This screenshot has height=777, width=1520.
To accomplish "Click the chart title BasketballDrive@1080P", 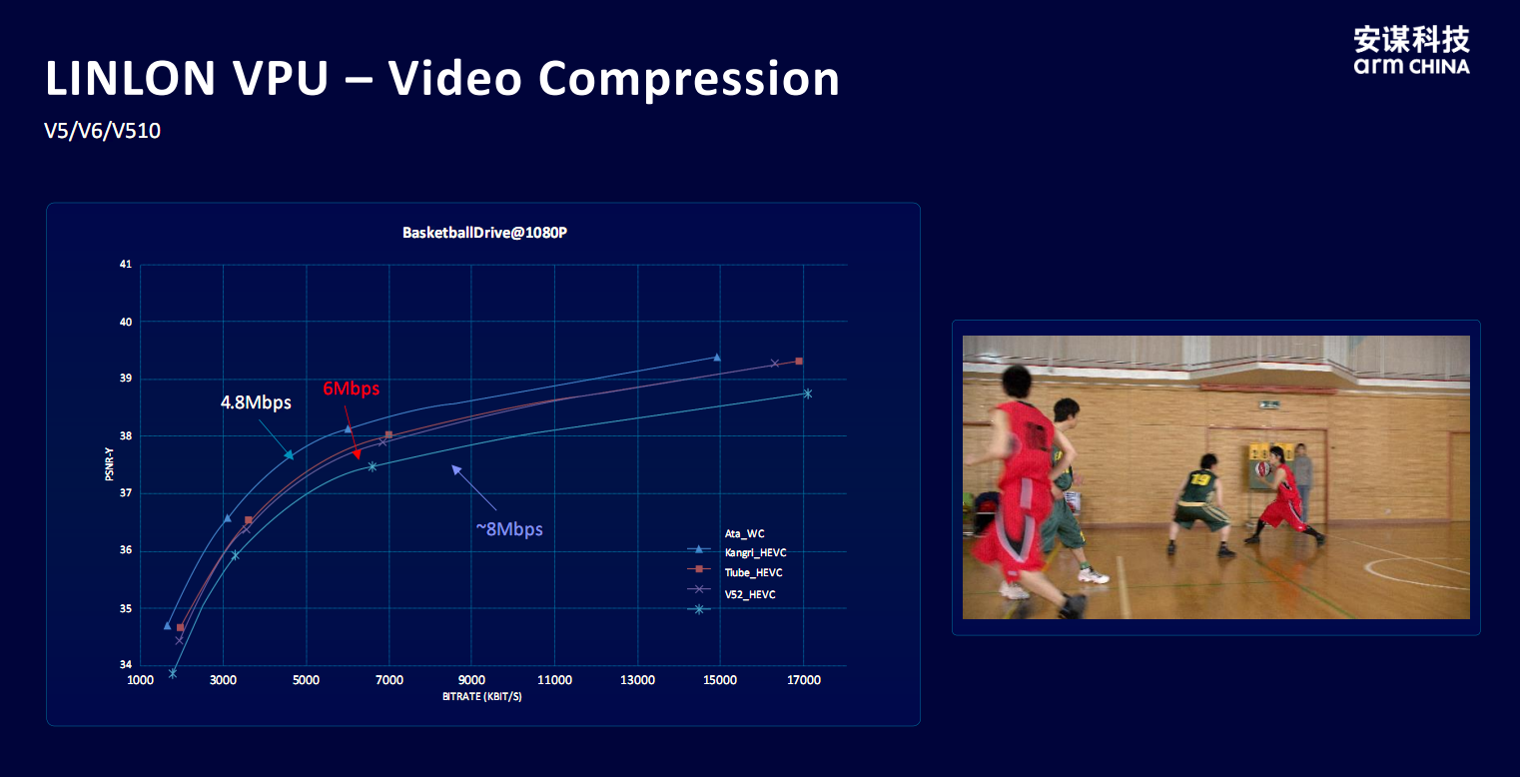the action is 484,233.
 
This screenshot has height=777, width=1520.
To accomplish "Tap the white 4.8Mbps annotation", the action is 256,402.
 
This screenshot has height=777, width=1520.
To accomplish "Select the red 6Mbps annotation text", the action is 351,388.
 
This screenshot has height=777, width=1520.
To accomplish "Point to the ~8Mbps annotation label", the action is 509,528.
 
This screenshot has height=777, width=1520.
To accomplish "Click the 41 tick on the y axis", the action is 126,264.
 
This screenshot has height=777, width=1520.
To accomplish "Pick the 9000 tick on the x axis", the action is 471,680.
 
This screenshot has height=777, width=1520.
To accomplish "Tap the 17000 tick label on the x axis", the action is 803,680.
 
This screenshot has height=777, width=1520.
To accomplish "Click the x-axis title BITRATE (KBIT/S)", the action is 481,696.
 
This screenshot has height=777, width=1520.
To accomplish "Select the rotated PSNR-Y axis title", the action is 109,464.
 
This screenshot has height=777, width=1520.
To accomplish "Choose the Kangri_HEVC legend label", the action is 755,552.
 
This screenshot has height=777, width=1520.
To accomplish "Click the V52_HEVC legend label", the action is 750,594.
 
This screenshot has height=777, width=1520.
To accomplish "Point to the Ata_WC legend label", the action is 744,533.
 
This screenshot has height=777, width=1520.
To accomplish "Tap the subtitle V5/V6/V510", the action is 103,130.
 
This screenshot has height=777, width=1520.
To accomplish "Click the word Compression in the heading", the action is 689,79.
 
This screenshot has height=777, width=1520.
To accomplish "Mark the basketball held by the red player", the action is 1263,467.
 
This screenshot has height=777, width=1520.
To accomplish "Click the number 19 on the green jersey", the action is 1200,480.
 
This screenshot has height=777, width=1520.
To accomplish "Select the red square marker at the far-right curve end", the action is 799,361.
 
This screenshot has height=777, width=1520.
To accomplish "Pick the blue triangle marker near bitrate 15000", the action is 717,357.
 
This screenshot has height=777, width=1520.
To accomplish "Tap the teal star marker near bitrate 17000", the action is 808,393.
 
